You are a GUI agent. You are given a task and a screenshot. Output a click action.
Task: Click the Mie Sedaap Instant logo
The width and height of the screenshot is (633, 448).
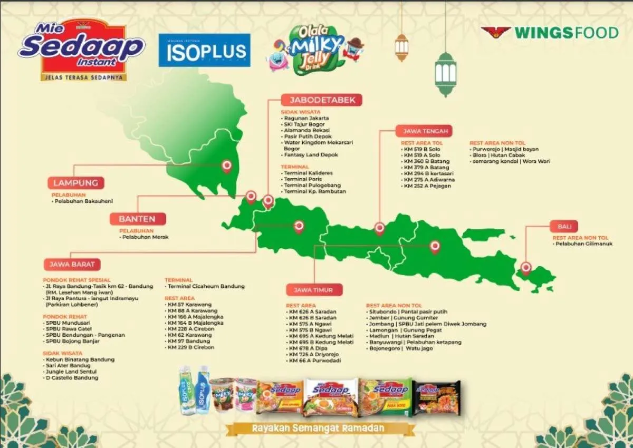[x=81, y=50]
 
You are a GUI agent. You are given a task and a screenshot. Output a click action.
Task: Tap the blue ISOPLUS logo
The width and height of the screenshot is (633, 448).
[x=204, y=51]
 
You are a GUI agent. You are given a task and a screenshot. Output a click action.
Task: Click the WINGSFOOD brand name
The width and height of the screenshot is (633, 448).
[x=566, y=33]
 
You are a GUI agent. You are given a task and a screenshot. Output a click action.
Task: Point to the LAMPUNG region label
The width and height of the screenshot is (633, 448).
[x=76, y=183]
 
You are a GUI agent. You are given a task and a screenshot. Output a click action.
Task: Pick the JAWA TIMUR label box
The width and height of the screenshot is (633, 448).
[x=314, y=290]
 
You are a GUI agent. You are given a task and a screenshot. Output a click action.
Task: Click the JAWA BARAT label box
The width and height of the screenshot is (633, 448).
[x=71, y=264]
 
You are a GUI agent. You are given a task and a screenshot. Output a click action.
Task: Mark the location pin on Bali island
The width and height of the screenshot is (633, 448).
[x=525, y=267]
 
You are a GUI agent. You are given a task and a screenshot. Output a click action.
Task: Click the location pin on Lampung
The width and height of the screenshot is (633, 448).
[x=227, y=166]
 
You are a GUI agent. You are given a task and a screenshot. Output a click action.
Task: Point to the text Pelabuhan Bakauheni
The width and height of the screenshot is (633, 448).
[x=84, y=201]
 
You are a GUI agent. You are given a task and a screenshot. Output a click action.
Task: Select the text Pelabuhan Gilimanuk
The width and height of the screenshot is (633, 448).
[x=584, y=244]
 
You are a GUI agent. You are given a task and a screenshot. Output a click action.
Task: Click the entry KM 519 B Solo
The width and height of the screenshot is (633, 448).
[x=422, y=149]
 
